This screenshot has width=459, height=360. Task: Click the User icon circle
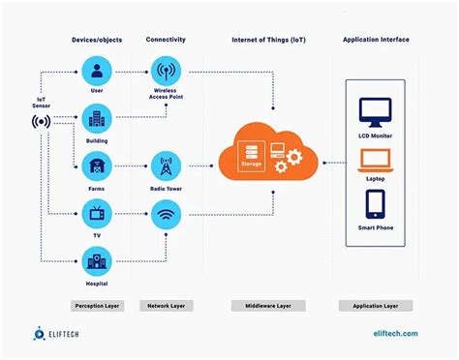coord(97,71)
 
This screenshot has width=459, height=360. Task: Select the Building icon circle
coord(97,118)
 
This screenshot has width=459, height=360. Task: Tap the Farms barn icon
coord(97,165)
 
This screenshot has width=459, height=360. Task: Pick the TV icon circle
coord(97,214)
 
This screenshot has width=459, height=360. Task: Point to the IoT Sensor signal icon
coord(42,123)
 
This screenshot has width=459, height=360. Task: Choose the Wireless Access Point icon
coord(166,71)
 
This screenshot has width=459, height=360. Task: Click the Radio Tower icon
coord(166,165)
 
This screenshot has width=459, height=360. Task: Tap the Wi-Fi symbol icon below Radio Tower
coord(166,214)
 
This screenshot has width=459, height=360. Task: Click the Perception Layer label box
coord(97,305)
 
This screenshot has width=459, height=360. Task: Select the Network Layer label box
coord(166,305)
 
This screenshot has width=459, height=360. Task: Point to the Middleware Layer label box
coord(269,305)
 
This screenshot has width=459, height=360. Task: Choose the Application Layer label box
coord(376,305)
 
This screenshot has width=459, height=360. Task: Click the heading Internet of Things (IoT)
coord(269,40)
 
